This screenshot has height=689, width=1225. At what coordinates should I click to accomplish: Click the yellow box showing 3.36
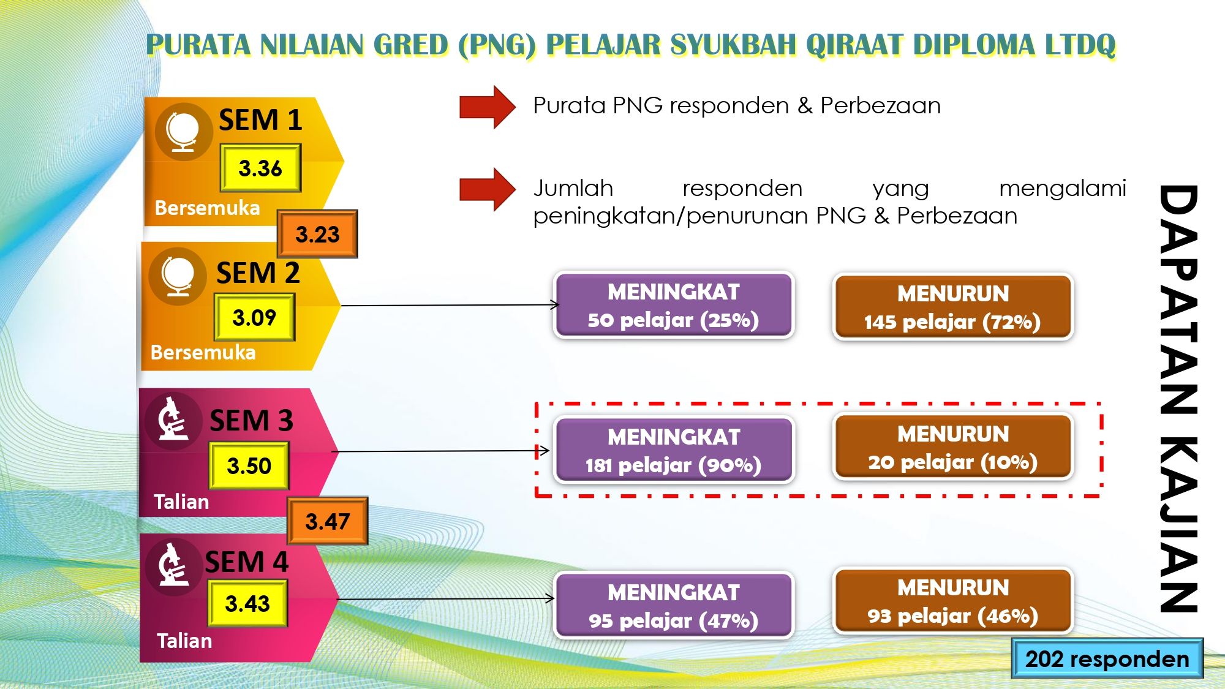point(260,168)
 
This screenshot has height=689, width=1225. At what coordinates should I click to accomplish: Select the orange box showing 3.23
point(317,234)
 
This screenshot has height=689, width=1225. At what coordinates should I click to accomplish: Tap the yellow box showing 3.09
point(254,317)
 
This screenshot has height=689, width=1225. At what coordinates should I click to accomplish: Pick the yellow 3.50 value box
point(249,466)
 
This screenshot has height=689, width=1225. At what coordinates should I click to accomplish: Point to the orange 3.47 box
point(328,521)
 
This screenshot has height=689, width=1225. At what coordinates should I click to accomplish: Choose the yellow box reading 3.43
point(247,604)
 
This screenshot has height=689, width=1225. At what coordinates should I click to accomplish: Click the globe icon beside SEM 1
point(183,132)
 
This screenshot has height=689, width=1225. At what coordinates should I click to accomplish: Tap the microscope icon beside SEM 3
point(173,420)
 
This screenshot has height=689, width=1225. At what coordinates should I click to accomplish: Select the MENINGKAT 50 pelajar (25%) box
point(674,305)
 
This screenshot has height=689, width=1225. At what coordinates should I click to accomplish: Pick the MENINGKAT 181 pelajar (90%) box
point(674,450)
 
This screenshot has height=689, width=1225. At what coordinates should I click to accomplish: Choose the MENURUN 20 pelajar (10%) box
point(953,447)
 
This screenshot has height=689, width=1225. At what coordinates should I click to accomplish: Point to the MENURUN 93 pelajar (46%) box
point(953,601)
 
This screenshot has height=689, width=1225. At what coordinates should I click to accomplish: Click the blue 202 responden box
point(1107,658)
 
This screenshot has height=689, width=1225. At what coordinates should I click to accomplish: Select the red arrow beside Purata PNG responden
point(488,107)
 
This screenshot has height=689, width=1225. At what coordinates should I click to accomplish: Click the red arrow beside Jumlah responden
point(488,189)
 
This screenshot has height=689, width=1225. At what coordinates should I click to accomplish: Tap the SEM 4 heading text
point(246,562)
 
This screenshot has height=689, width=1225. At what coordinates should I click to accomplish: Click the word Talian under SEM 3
point(181,502)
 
